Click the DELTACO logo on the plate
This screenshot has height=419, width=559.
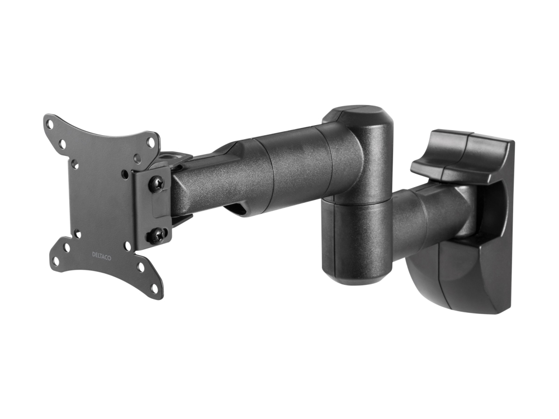[x=102, y=256]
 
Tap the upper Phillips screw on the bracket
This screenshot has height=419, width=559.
[x=157, y=183]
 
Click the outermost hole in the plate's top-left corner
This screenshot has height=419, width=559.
[x=51, y=125]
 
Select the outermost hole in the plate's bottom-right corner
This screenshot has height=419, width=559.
[x=154, y=287]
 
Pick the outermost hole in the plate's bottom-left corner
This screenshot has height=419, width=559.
[x=56, y=259]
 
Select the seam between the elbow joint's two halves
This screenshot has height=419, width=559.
[x=357, y=202]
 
